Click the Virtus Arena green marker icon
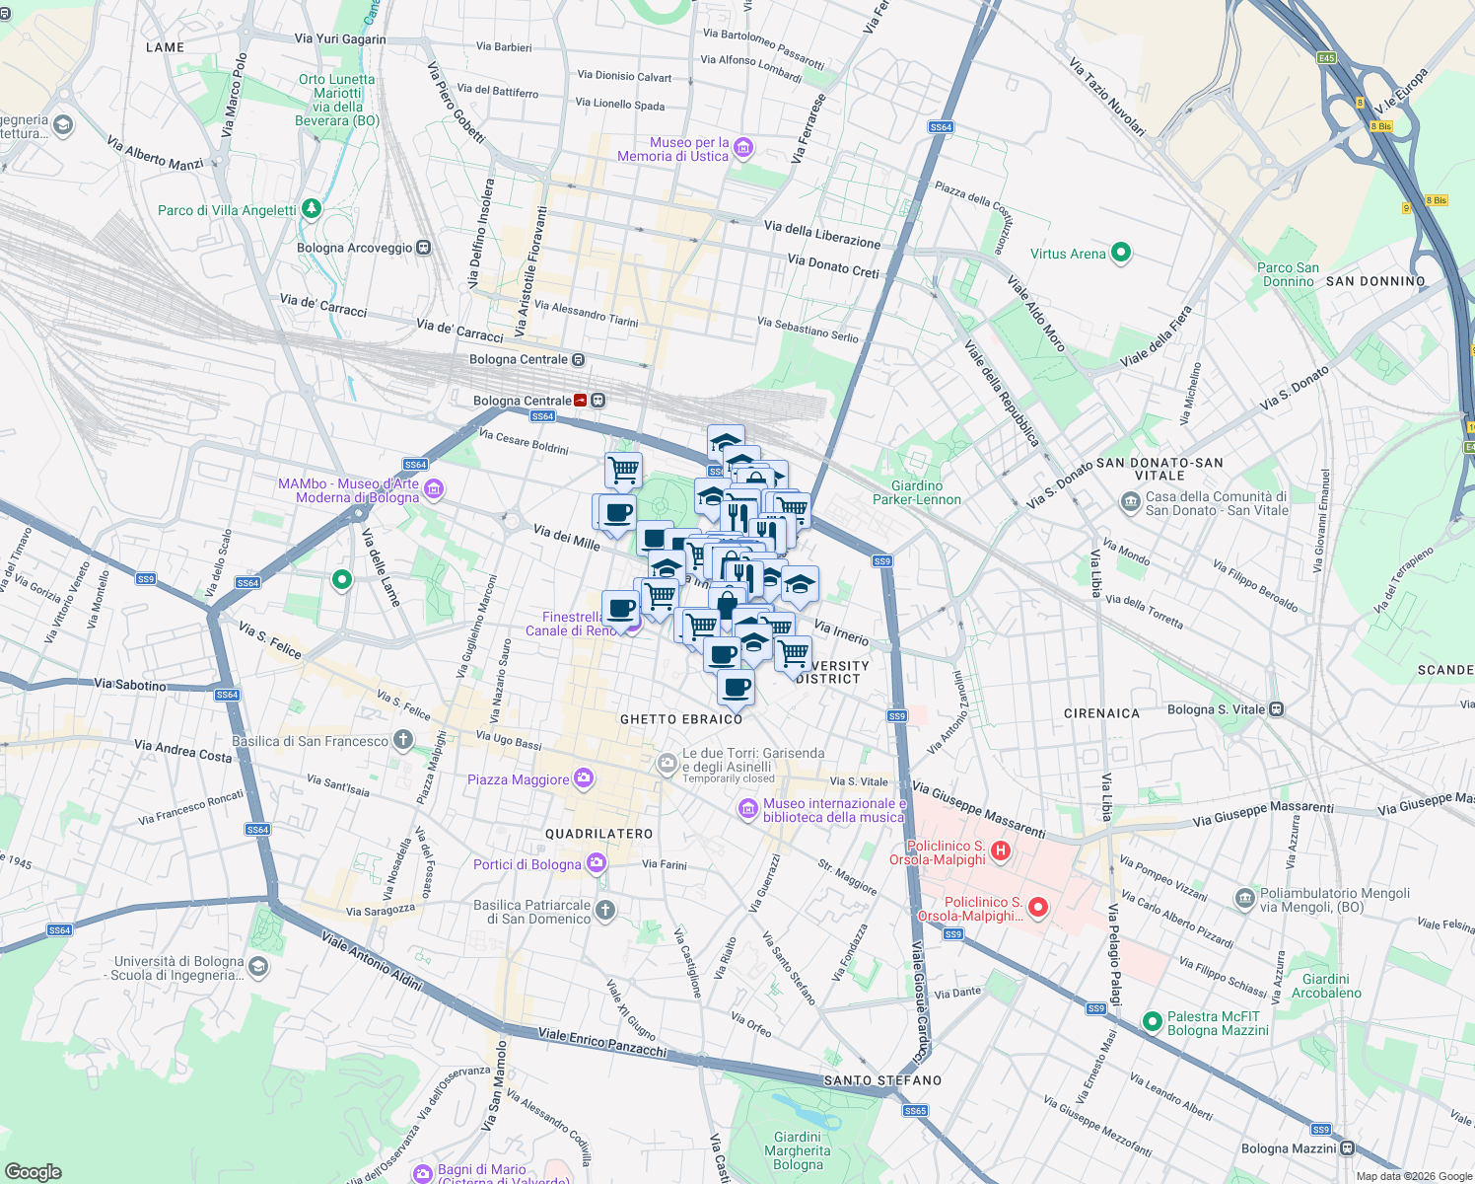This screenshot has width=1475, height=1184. [1121, 254]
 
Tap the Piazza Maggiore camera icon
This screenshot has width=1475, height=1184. [584, 779]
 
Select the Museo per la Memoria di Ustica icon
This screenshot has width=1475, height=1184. [743, 149]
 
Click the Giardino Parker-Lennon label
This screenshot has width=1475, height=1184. [916, 492]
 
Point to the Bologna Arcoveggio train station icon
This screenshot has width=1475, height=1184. [423, 248]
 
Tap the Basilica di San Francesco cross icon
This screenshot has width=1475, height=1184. [403, 740]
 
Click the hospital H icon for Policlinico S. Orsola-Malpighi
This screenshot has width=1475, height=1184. [1001, 851]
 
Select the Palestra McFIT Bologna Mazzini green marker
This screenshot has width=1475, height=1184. [1152, 1022]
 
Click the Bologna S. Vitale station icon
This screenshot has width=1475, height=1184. [1276, 709]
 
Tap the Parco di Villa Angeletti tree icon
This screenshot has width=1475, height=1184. [312, 209]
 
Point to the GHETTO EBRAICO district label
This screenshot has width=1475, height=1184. [681, 719]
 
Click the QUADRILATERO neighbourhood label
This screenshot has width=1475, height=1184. [599, 834]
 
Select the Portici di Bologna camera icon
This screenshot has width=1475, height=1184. [596, 864]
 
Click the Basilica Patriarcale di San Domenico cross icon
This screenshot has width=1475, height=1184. [605, 911]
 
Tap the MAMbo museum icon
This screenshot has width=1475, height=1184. [434, 489]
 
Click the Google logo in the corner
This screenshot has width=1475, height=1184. [34, 1171]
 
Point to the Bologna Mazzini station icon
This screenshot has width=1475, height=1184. [1347, 1148]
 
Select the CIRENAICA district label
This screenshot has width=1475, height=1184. [1101, 713]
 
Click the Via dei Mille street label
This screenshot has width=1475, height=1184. [566, 538]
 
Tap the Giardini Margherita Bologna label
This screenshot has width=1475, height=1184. [798, 1150]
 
